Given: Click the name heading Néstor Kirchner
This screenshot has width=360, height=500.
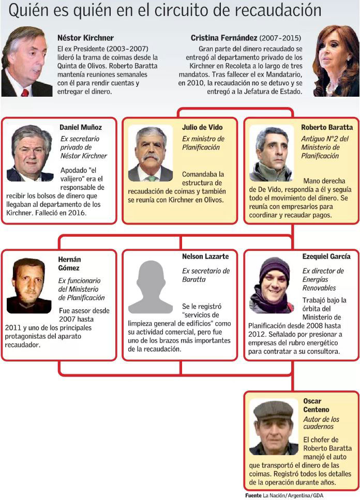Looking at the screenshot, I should [86, 38].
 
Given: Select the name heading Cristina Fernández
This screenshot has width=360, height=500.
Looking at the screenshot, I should [224, 38].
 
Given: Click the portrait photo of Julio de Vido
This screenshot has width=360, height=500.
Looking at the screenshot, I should [151, 153].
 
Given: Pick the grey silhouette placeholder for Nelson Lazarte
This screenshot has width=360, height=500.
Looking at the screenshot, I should [151, 287].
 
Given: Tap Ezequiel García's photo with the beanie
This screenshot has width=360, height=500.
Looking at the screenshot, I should [272, 285].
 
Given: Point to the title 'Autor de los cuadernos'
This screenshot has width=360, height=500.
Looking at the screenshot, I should [321, 423].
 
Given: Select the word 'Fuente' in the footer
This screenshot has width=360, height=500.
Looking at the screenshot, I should [253, 495].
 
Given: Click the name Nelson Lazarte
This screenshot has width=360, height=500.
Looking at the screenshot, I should [205, 256].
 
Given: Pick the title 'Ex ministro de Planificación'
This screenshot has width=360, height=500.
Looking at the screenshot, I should [203, 143].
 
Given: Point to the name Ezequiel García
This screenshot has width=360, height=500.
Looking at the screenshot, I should [326, 256].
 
